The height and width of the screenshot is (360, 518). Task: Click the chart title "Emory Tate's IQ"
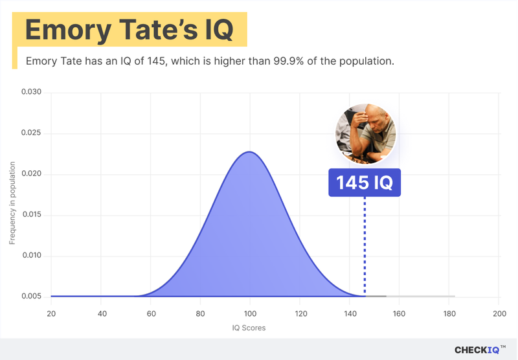[x=129, y=30]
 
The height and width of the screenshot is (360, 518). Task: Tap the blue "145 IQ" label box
[x=365, y=183]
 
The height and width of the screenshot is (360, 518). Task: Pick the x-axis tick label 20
[x=51, y=313]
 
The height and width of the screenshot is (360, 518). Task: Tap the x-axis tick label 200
[x=499, y=313]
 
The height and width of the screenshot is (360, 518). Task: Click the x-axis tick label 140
[x=349, y=313]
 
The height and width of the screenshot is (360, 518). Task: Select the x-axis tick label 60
[x=150, y=313]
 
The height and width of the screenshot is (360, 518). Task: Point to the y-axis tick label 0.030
[x=31, y=93]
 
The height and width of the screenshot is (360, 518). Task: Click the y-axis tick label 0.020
[x=31, y=174]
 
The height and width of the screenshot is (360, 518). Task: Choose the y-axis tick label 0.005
[x=31, y=297]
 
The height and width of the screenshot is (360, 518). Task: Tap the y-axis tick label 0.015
[x=31, y=215]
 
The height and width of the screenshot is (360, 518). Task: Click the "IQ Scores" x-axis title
[x=249, y=328]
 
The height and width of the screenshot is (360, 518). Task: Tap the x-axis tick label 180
[x=449, y=313]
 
